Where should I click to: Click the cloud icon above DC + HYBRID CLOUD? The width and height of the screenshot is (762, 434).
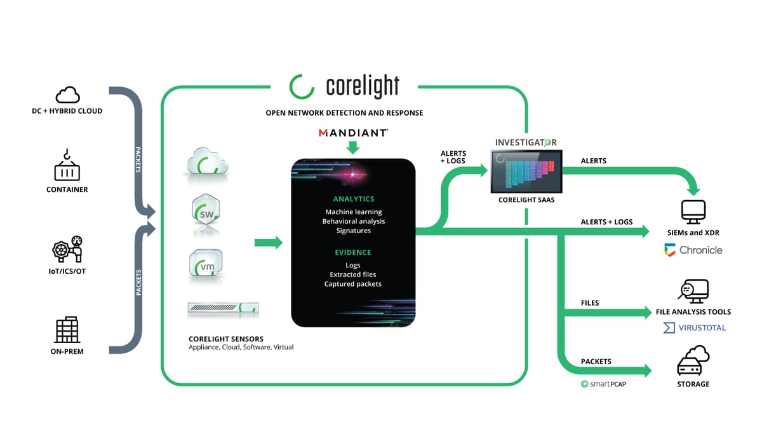coord(68,95)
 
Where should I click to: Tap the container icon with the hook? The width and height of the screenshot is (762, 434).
coord(67,165)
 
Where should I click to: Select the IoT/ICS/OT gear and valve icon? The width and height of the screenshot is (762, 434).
coord(67,249)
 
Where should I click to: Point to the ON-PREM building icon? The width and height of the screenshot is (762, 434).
coord(67,330)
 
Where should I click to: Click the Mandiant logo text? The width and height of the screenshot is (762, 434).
coord(353,133)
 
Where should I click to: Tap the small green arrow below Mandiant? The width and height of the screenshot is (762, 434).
coord(353,147)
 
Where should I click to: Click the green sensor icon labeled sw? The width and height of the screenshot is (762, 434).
coord(206,210)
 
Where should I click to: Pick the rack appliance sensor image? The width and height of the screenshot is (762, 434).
coord(223,308)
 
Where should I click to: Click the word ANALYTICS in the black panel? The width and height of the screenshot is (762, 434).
coord(354,199)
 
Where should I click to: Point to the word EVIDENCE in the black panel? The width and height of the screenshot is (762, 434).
coord(353,252)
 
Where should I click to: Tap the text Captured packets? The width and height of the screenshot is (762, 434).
coord(353,284)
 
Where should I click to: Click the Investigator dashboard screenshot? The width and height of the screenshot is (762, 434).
coord(526,172)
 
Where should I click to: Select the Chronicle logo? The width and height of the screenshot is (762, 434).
coord(693,250)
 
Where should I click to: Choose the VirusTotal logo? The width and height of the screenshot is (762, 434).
coord(695,328)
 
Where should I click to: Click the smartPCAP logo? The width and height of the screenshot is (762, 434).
coord(603,384)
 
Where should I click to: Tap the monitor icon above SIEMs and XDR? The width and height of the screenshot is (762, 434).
coord(693,212)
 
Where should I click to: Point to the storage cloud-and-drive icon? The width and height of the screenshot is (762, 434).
coord(693,360)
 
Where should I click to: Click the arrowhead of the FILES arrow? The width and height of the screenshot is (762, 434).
coord(646,312)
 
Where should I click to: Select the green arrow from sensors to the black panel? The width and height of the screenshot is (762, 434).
coord(269,243)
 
